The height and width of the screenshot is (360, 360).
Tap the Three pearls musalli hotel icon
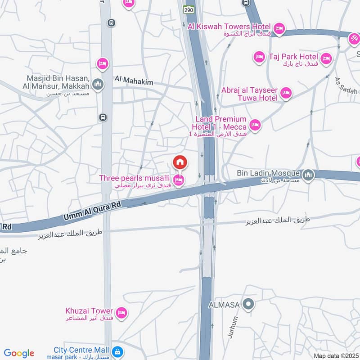179,181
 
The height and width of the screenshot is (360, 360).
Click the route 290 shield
188,9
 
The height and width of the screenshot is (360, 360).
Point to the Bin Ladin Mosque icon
308,174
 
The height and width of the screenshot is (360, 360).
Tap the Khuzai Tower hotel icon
121,312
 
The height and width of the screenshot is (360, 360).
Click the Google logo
19,353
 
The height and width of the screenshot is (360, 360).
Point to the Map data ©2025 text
336,355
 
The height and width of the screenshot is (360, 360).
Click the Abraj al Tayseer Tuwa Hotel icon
285,94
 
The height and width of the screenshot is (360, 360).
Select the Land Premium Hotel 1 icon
255,125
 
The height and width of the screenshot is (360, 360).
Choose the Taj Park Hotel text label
293,57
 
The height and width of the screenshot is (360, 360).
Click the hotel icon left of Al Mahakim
103,64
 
